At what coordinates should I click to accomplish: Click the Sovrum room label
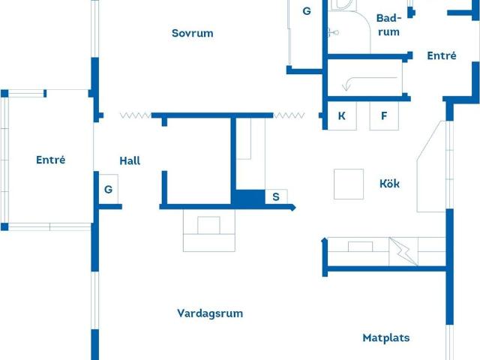192,33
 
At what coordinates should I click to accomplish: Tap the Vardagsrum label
210,313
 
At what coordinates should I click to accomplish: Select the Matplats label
386,337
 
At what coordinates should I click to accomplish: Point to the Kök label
389,184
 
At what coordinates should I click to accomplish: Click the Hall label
130,160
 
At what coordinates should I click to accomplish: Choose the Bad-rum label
388,25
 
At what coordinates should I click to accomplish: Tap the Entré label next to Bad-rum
441,55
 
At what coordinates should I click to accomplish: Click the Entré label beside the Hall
50,160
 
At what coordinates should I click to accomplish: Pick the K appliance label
341,116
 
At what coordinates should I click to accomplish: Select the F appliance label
384,116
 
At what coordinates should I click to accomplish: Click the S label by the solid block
276,197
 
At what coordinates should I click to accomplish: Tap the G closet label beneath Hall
108,190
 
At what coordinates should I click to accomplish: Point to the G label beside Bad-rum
306,11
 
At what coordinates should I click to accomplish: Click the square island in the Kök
349,184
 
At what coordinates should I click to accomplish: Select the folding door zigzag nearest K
289,115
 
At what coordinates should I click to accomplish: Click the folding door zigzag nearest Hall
135,115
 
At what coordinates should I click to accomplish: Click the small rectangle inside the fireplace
208,225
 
